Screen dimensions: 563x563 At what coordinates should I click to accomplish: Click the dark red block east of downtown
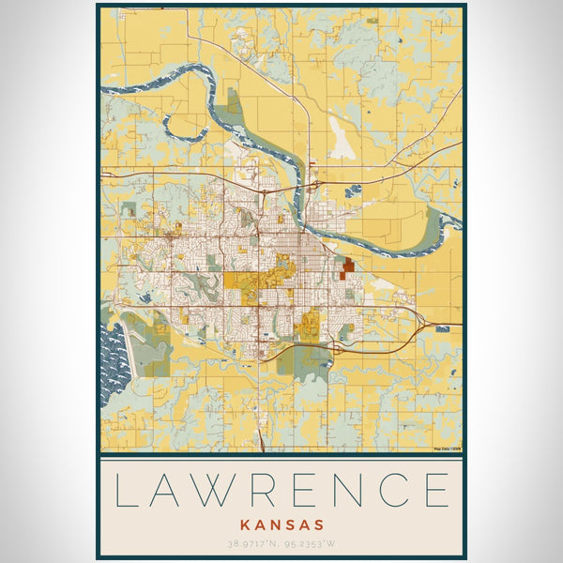(348, 268)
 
